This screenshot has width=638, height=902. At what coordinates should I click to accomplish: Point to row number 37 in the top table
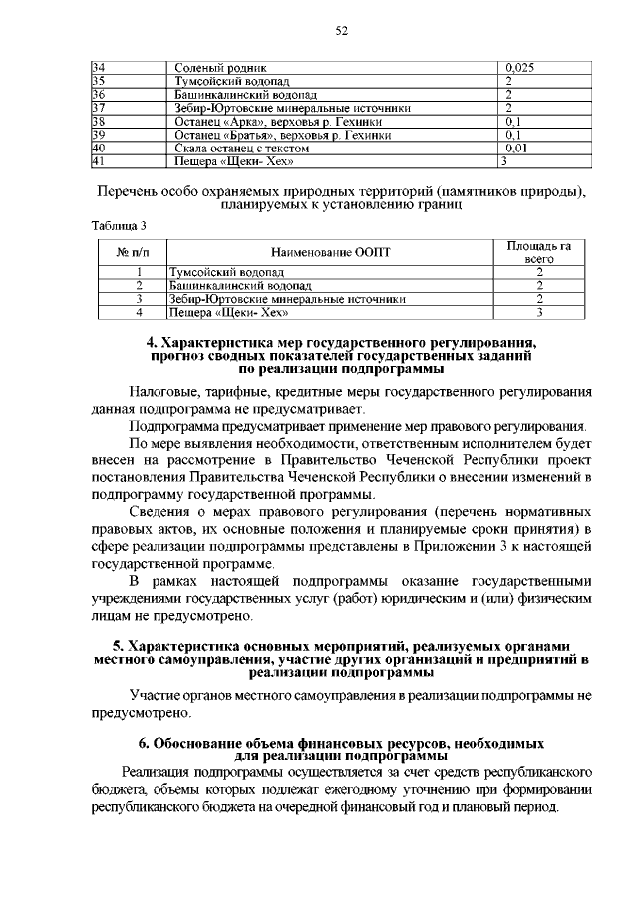[99, 107]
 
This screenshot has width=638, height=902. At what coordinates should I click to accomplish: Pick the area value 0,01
[517, 147]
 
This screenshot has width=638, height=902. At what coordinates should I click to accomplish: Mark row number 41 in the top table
[99, 159]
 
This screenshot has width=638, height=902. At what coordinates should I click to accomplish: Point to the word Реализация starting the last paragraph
[160, 772]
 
